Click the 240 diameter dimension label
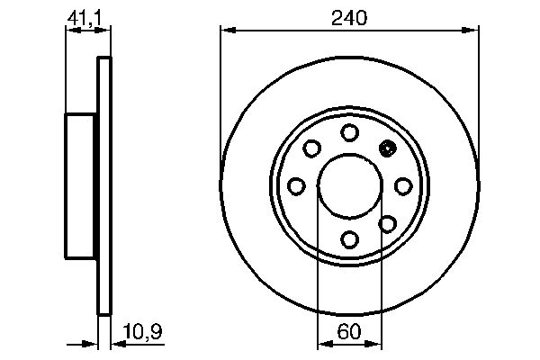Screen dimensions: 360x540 349,17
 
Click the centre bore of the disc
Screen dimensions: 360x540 349,185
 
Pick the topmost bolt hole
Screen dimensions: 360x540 349,132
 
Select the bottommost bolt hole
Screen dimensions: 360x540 349,238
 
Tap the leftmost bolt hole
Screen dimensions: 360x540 296,185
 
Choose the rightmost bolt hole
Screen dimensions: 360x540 402,185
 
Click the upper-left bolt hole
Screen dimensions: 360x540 312,148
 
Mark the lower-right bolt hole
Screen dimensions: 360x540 387,222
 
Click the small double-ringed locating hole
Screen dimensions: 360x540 388,149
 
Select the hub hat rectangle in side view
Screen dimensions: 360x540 81,185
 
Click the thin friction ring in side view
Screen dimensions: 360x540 103,185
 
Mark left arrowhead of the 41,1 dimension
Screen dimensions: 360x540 72,31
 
